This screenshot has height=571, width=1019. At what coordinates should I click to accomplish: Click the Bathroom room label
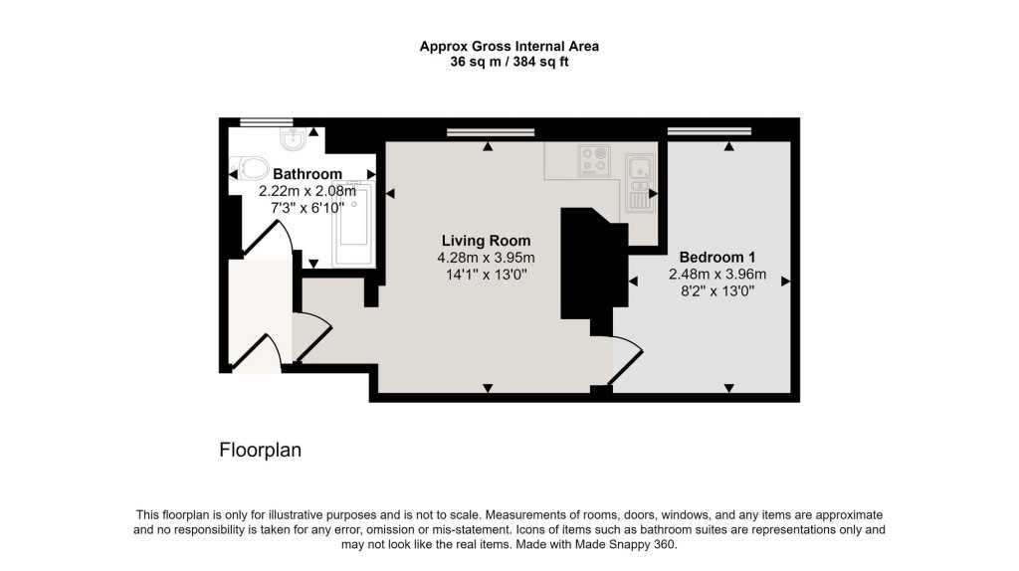(307, 174)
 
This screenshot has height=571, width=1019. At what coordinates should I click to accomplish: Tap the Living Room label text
(486, 241)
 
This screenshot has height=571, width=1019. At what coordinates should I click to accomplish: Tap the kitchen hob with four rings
(595, 158)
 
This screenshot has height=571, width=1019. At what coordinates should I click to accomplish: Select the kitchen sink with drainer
(637, 182)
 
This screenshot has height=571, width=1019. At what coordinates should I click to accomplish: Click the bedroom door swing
(625, 361)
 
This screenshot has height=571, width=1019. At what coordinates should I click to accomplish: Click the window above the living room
(489, 132)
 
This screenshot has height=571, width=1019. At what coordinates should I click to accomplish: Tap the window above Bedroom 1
(709, 131)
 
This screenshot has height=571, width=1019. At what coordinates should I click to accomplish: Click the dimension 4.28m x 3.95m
(486, 258)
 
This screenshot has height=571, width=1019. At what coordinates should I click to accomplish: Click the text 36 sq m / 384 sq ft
(509, 62)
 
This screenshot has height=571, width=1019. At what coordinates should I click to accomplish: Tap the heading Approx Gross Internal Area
(509, 46)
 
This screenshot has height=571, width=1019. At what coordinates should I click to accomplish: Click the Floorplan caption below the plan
(260, 450)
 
